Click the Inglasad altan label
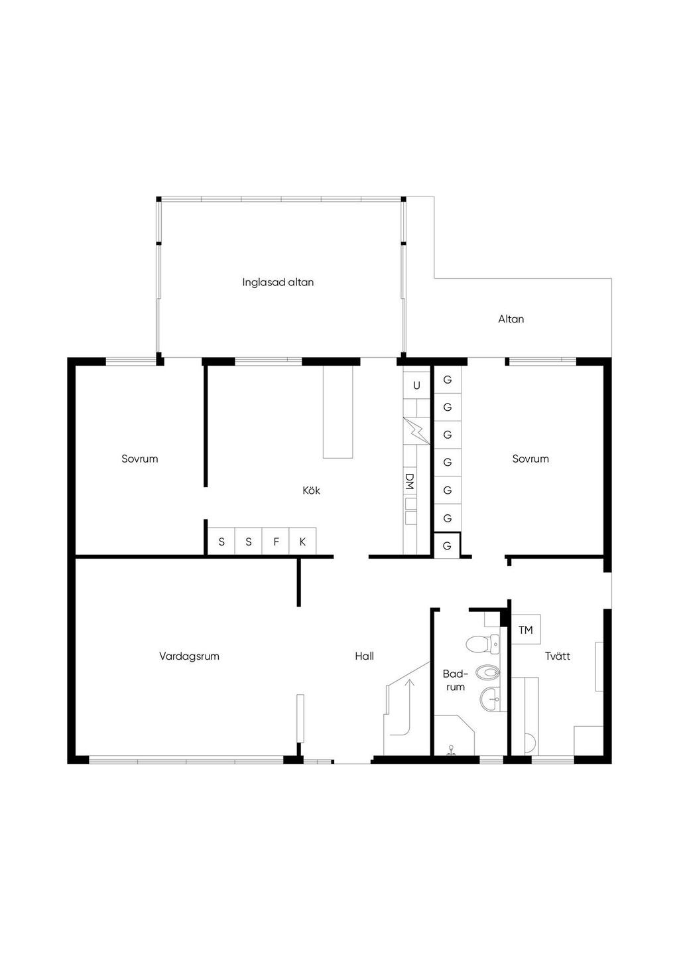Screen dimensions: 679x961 pos(278,282)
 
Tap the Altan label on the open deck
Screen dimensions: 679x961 pos(511,319)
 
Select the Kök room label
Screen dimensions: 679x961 pos(311,490)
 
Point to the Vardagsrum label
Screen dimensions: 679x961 pos(189,656)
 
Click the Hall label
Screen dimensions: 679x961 pos(364,656)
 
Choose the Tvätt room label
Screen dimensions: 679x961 pos(558,656)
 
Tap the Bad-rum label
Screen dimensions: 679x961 pos(456,680)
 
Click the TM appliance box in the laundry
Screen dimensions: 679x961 pos(526,629)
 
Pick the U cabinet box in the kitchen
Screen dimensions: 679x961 pos(416,385)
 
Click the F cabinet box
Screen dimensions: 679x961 pos(276,542)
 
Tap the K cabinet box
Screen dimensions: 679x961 pos(302,542)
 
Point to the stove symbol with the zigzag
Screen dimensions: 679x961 pos(416,430)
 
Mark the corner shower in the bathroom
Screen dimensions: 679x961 pos(454,734)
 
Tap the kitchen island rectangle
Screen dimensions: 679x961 pos(338,412)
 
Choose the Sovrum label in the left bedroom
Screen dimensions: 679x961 pos(140,459)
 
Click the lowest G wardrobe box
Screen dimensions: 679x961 pos(447,546)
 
